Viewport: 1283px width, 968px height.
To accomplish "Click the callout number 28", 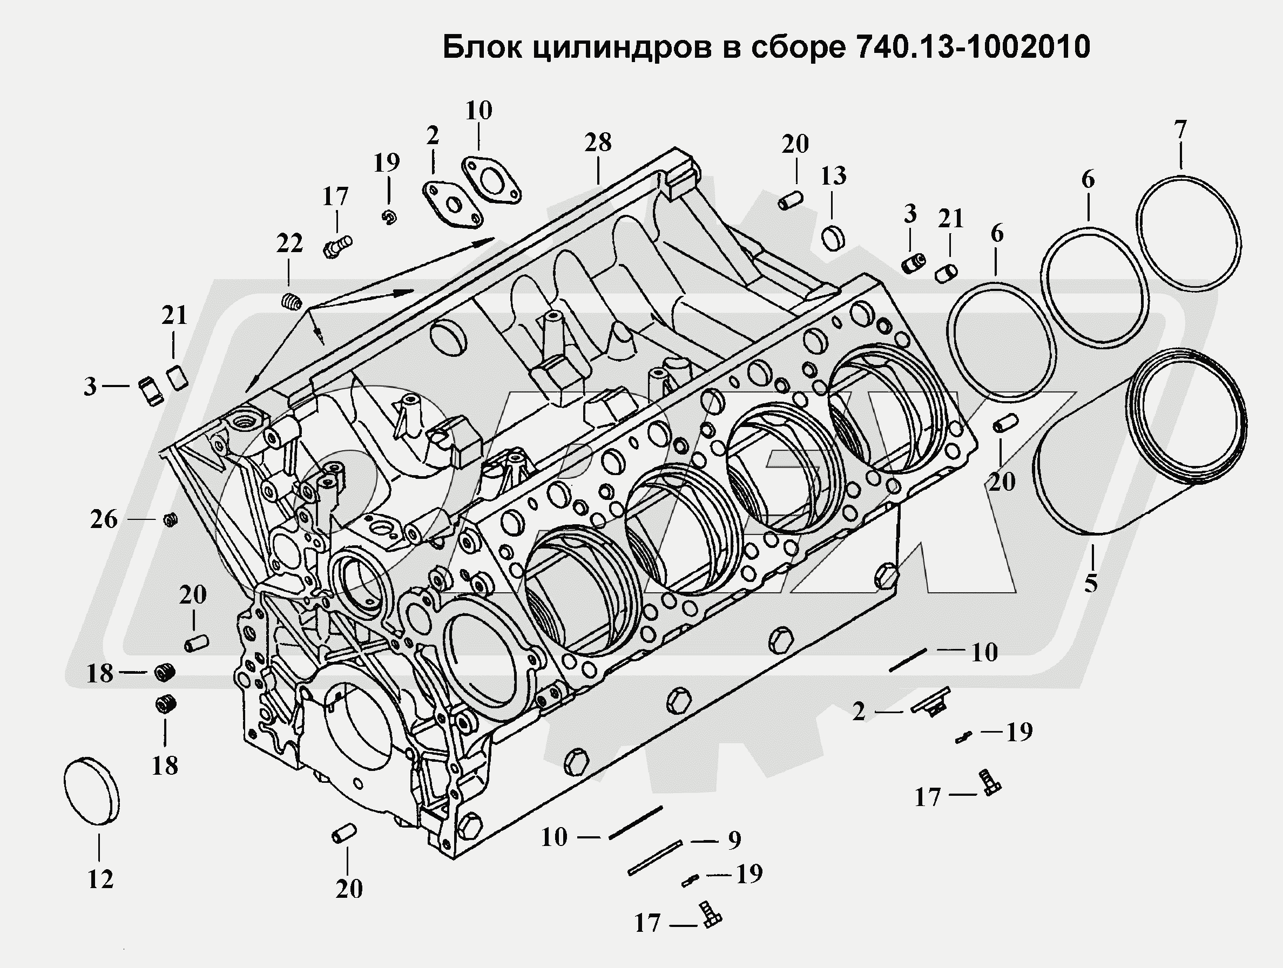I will click(598, 142).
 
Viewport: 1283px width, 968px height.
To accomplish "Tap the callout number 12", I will click(100, 879).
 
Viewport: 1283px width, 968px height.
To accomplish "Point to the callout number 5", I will click(1090, 583).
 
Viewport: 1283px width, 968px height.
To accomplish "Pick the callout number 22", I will click(289, 243).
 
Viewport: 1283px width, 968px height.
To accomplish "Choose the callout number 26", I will click(104, 519).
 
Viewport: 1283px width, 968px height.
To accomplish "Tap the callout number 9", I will click(734, 840).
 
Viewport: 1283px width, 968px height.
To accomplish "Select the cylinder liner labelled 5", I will click(1131, 446).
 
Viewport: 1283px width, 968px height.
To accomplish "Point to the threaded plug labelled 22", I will click(292, 302).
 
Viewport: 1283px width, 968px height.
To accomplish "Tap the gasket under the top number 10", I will click(491, 180).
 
